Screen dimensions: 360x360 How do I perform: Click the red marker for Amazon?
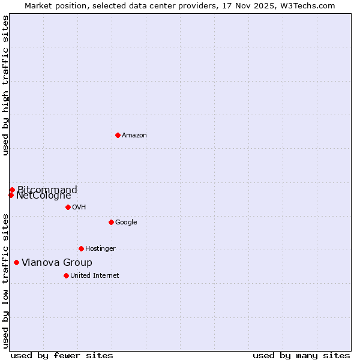[118, 135]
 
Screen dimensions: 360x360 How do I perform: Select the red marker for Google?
[111, 222]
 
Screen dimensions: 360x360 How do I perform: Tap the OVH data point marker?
[68, 207]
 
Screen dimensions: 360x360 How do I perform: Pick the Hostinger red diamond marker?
[81, 248]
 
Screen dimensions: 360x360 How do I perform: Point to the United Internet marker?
[66, 275]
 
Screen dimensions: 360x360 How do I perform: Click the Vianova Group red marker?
[16, 262]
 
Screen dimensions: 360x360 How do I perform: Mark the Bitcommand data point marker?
[12, 190]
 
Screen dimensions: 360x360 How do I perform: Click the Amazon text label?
[134, 136]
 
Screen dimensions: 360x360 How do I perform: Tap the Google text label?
[126, 223]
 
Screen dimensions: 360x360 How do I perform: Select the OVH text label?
[79, 208]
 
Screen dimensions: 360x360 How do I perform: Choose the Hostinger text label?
[100, 249]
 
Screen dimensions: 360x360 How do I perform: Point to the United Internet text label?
[95, 276]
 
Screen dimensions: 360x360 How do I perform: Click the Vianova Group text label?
[57, 263]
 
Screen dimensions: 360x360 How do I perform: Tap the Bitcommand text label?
[47, 190]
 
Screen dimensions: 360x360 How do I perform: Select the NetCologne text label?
[44, 196]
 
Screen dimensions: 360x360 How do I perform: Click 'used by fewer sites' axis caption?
[62, 355]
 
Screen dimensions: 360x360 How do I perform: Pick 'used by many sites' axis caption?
[301, 355]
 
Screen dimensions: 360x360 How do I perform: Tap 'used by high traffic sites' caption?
[6, 85]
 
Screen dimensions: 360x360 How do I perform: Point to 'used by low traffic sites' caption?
[6, 281]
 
